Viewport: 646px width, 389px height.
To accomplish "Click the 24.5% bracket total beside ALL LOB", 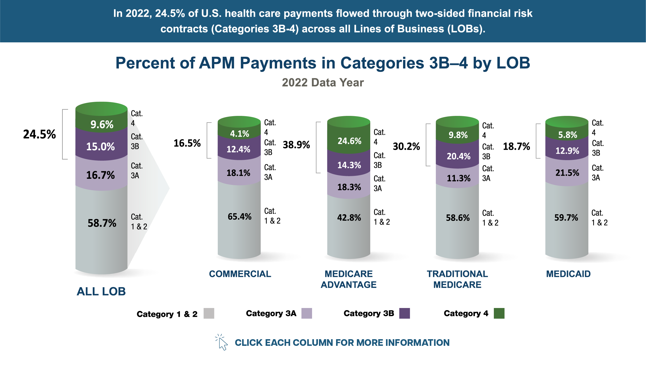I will [x=40, y=134].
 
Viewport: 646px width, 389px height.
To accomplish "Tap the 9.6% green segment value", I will [x=102, y=124].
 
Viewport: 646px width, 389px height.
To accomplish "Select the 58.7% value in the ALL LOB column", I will [x=102, y=223].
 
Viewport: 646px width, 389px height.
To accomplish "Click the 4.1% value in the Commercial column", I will [x=239, y=134].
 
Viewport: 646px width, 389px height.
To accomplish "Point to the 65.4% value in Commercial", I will [x=239, y=216].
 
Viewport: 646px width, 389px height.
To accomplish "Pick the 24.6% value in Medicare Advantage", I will [x=349, y=141].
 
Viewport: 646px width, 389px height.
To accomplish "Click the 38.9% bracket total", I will [x=296, y=145].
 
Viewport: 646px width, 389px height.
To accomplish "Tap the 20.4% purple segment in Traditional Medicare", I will [x=458, y=156].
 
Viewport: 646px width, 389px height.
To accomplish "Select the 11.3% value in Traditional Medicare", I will [x=458, y=178].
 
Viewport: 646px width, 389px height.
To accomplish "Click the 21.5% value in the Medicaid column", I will [x=567, y=173].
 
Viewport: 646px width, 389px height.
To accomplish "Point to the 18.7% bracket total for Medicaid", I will [x=516, y=147].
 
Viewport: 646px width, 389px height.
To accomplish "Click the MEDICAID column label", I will [x=568, y=274].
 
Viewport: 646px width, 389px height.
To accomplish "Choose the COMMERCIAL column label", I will [x=240, y=274].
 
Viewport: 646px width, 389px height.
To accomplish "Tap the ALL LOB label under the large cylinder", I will [x=101, y=291].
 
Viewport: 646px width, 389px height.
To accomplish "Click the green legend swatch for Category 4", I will [x=499, y=313].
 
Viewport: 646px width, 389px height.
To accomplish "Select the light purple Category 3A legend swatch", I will [x=306, y=313].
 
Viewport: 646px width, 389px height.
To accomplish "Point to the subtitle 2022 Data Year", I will [x=323, y=83].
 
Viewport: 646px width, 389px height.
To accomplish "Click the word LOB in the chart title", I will [x=513, y=63].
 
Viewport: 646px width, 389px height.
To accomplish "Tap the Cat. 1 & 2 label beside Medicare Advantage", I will [x=381, y=217].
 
